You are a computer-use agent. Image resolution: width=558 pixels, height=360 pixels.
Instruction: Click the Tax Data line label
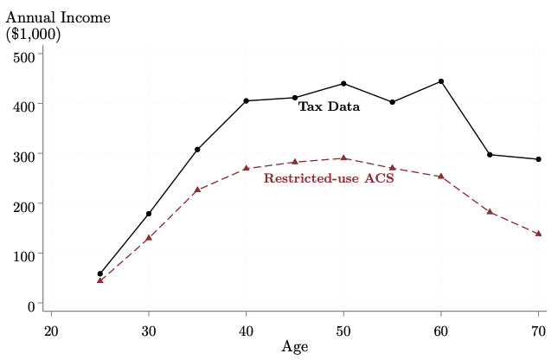pyautogui.click(x=329, y=107)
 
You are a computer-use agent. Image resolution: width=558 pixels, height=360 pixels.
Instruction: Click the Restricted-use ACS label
pyautogui.click(x=329, y=179)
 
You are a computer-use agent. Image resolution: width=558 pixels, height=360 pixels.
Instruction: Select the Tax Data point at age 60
pyautogui.click(x=441, y=81)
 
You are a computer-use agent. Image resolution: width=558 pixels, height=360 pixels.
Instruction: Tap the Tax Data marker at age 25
pyautogui.click(x=100, y=273)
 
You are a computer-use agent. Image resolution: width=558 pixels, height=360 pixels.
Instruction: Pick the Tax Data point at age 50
pyautogui.click(x=343, y=84)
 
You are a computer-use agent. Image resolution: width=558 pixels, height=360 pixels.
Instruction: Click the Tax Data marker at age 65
pyautogui.click(x=490, y=155)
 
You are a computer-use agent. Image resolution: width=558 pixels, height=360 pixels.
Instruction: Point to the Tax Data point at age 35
pyautogui.click(x=197, y=150)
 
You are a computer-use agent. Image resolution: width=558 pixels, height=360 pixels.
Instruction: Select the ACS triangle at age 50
pyautogui.click(x=343, y=158)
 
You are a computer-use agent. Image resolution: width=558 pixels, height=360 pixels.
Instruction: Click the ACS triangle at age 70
pyautogui.click(x=538, y=234)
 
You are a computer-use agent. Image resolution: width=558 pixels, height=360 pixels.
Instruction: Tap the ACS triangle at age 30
pyautogui.click(x=149, y=238)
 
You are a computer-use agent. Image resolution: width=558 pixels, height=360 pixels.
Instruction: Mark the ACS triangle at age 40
pyautogui.click(x=247, y=168)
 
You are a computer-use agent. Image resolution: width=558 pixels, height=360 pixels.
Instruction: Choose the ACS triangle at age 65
pyautogui.click(x=490, y=212)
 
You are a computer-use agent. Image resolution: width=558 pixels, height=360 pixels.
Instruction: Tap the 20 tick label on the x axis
pyautogui.click(x=51, y=330)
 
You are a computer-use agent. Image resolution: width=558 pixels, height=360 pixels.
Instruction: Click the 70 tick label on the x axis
pyautogui.click(x=538, y=330)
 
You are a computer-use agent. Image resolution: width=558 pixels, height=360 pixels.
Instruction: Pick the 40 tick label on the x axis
pyautogui.click(x=247, y=330)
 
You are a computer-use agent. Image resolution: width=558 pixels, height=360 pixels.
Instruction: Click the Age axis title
pyautogui.click(x=295, y=347)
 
